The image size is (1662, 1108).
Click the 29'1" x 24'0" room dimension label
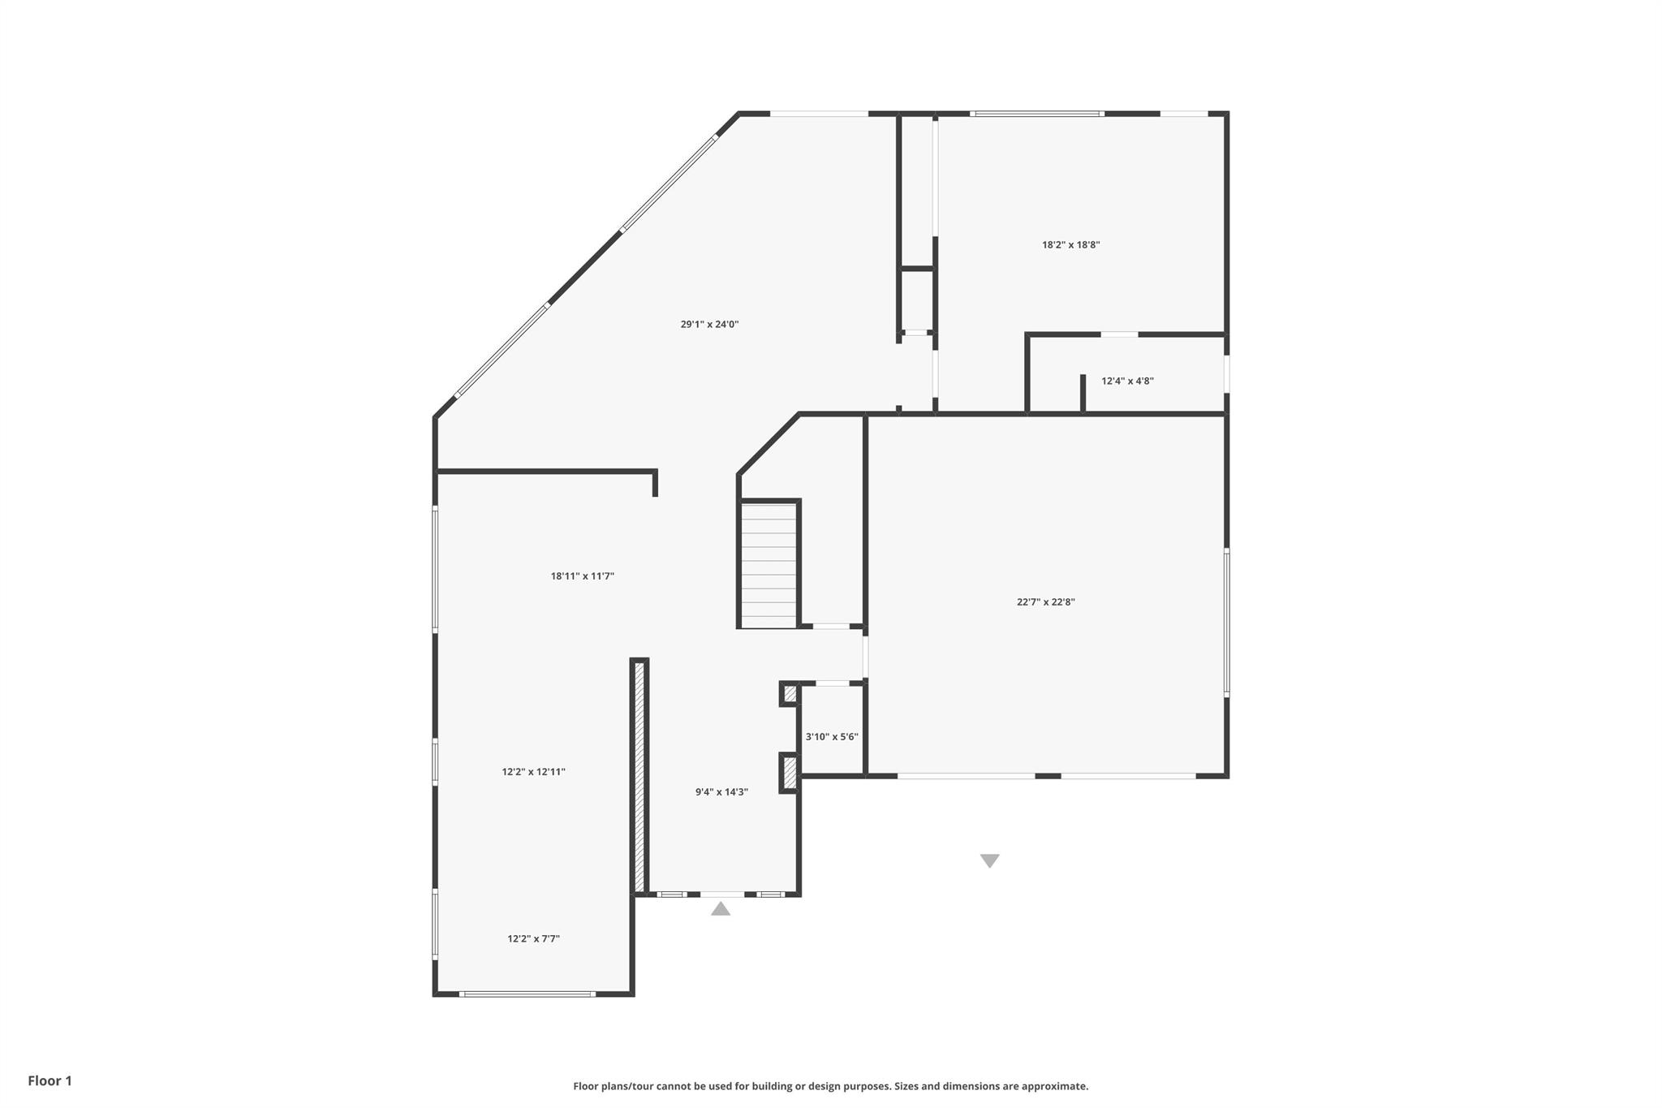[709, 325]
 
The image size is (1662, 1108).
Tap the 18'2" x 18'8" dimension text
[1070, 244]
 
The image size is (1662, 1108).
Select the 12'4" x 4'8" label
[1127, 381]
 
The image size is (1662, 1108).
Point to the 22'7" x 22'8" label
[1045, 602]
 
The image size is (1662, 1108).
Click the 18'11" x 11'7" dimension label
[582, 576]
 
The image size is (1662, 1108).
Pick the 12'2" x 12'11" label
[533, 772]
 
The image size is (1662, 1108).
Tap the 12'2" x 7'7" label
[533, 939]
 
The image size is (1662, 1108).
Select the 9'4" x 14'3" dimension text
[721, 792]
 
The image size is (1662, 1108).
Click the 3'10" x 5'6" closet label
[831, 737]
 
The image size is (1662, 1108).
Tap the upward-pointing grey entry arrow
[721, 909]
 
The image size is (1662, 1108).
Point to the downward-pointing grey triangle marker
[989, 860]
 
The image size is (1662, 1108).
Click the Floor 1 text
[50, 1080]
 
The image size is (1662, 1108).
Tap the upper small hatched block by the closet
[790, 694]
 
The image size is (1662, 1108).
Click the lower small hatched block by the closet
[790, 773]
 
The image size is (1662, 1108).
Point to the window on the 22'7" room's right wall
[1226, 623]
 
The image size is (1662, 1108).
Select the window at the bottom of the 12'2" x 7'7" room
[527, 994]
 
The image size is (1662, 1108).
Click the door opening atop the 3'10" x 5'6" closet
[833, 683]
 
